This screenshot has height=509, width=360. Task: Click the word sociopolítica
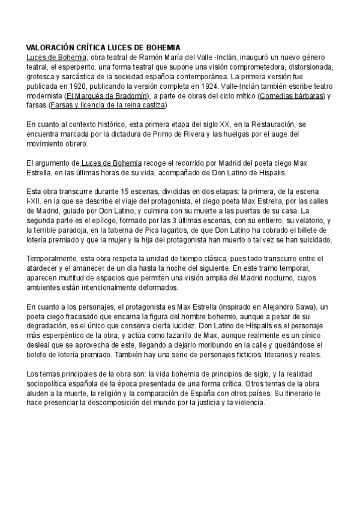coord(51,384)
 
